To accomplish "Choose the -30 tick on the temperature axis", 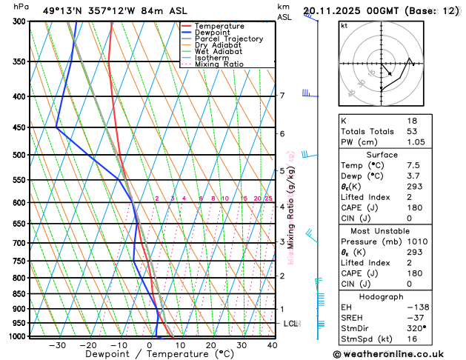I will (57, 345).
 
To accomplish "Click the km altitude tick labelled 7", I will (282, 96).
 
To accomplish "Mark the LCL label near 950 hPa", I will (290, 324).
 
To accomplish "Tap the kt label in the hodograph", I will (344, 25).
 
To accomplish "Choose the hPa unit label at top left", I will (21, 7).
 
